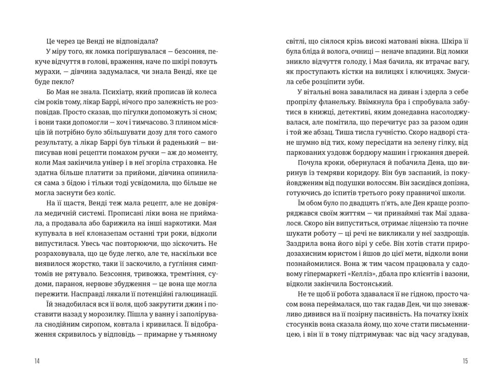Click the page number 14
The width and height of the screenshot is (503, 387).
tap(37, 361)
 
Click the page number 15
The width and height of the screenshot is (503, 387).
tap(465, 361)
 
